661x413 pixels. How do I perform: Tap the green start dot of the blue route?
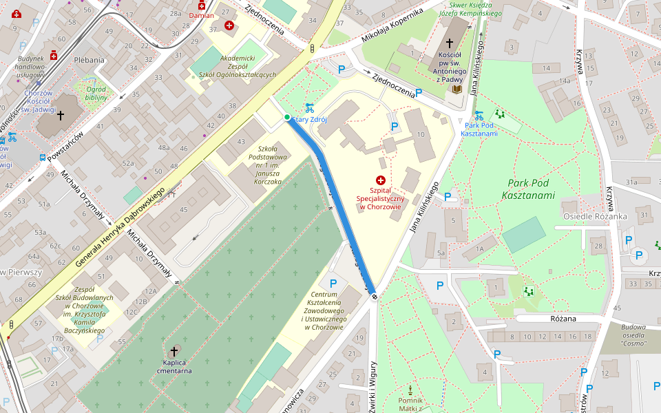click(287, 117)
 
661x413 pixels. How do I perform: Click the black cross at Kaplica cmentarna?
click(174, 351)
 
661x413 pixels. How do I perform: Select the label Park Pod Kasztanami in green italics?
click(531, 189)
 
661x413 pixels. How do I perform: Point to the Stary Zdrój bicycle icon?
click(310, 107)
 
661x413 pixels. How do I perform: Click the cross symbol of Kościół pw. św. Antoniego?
click(450, 43)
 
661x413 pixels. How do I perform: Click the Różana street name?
click(563, 319)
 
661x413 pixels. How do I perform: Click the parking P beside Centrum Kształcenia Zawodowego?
click(333, 283)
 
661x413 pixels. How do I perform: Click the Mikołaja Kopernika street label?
click(392, 28)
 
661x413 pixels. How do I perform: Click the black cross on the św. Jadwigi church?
click(60, 116)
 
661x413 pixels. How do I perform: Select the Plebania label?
click(89, 60)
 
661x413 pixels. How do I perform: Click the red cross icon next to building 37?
click(229, 25)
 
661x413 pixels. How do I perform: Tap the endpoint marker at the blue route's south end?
click(375, 296)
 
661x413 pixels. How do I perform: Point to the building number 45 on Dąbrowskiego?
click(183, 209)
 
